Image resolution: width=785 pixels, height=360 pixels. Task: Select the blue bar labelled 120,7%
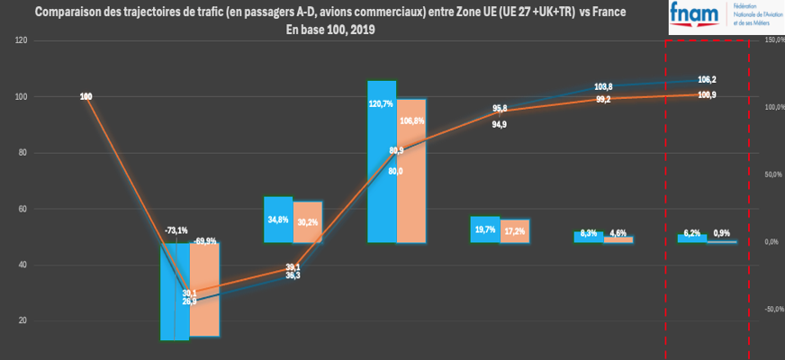382,162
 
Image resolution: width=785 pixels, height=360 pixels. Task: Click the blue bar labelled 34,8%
278,220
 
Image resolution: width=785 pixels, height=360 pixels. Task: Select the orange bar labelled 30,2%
308,222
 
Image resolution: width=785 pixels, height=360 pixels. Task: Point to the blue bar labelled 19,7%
485,230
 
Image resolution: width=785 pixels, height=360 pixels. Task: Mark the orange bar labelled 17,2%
515,232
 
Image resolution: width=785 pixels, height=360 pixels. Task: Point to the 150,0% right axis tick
774,40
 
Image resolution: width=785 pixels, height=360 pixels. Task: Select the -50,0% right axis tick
774,309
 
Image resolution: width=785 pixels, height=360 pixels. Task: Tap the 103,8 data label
604,86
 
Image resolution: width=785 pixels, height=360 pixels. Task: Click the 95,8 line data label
500,108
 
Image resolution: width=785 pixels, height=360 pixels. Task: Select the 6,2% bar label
691,233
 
